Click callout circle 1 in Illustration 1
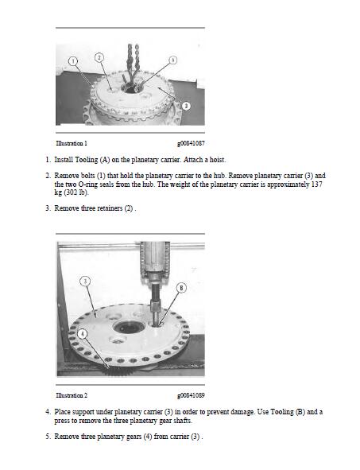tap(73, 61)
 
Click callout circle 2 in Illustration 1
tap(99, 57)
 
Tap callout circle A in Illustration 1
tap(172, 60)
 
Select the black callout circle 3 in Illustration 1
tap(186, 106)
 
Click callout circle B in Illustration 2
tap(181, 288)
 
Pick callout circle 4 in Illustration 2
tap(83, 334)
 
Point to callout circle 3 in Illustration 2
tap(85, 282)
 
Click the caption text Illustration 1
tap(72, 143)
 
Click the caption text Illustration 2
tap(72, 395)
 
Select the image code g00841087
tap(191, 144)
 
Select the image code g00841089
tap(191, 396)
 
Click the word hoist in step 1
tap(218, 160)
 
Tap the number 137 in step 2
tap(317, 184)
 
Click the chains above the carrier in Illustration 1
tap(133, 62)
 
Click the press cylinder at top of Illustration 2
tap(155, 258)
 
